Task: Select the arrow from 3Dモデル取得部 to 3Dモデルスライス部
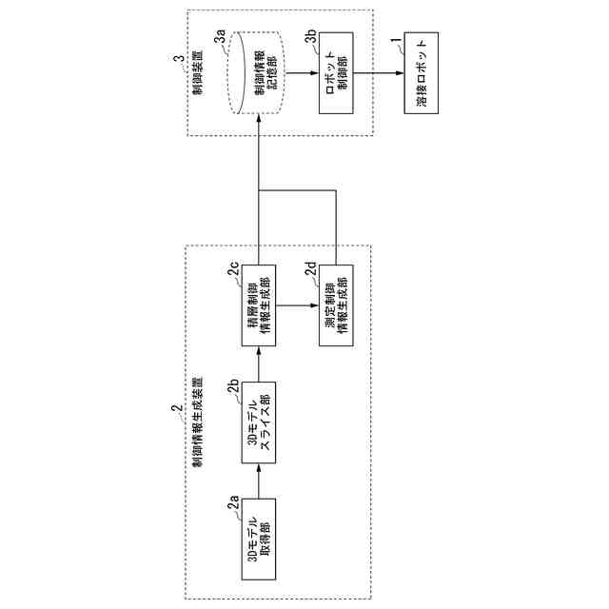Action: [259, 481]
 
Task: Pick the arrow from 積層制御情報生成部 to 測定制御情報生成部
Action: [298, 304]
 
